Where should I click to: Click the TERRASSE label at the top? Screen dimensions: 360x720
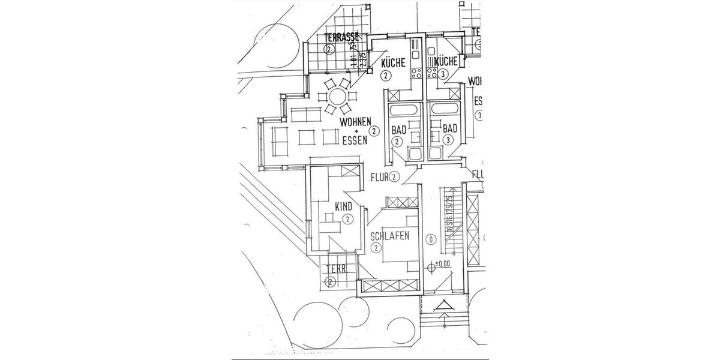point(340,37)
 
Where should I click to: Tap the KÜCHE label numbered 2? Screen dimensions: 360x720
point(393,62)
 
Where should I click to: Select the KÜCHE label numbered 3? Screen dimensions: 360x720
point(446,61)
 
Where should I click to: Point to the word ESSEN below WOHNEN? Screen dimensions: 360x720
point(354,142)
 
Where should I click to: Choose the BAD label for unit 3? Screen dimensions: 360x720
point(450,128)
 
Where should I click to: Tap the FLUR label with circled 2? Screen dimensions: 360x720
point(380,177)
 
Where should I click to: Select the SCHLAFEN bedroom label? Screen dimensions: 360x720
point(390,236)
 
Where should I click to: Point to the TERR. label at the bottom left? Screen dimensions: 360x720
point(337,269)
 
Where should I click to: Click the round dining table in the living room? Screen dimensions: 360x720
point(337,97)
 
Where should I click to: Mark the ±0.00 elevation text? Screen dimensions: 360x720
point(442,264)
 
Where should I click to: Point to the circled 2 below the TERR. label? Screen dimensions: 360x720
point(330,281)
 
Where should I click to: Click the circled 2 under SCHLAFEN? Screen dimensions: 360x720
point(376,247)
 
